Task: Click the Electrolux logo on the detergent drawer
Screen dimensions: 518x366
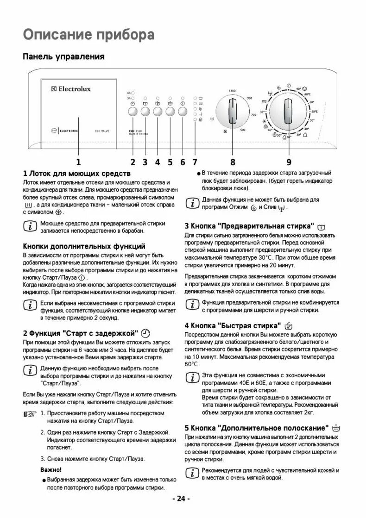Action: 71,88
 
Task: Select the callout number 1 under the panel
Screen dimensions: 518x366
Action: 78,162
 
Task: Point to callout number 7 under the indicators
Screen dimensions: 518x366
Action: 195,162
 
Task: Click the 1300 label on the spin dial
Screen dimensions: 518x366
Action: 232,90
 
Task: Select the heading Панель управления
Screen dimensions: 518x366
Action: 63,56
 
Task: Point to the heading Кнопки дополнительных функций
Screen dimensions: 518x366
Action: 84,246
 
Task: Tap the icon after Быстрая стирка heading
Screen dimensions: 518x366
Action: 289,325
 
